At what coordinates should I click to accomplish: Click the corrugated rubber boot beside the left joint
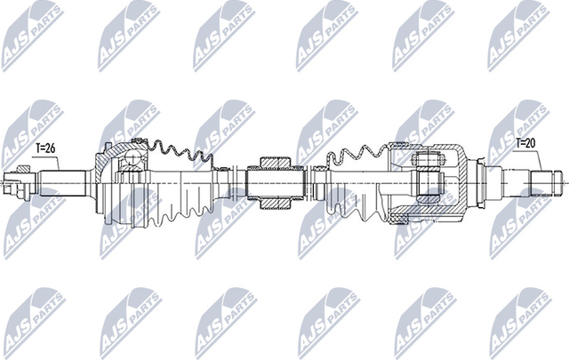pyautogui.click(x=182, y=191)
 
